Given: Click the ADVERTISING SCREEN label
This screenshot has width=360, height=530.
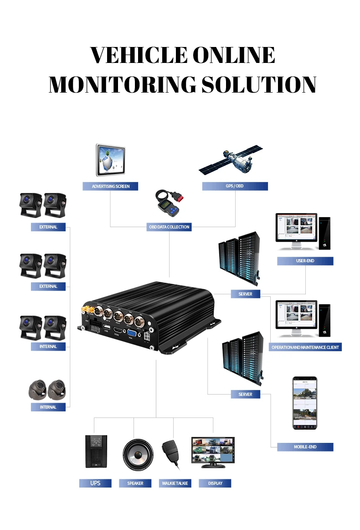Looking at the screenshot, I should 110,186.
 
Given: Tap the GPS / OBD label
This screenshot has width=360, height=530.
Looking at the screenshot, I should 235,186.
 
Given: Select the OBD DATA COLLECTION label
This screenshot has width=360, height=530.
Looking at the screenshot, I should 169,227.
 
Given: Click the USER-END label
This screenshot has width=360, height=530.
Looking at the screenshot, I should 305,261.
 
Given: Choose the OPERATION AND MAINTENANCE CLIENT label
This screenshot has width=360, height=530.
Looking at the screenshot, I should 305,347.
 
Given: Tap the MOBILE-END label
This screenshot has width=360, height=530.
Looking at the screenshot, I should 305,447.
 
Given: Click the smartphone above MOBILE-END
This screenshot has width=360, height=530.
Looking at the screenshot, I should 304,403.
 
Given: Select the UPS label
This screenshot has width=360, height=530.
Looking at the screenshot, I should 95,483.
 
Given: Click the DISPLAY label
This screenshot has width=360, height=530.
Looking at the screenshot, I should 215,483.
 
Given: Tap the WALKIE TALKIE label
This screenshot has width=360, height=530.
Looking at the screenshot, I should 175,483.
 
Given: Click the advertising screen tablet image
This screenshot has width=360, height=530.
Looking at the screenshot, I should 110,160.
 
